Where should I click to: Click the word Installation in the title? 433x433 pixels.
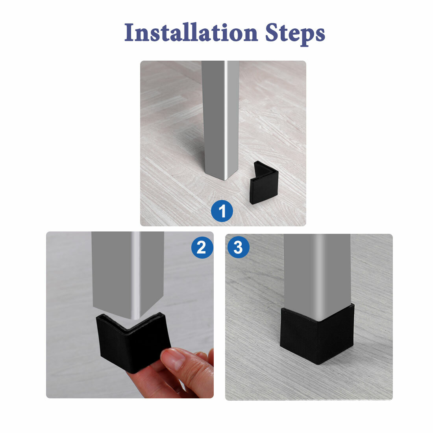[191, 33]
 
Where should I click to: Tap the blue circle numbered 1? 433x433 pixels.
[222, 211]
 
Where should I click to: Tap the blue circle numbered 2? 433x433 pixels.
[202, 248]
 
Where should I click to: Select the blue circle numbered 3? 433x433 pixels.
[238, 248]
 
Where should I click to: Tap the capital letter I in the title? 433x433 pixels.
[129, 33]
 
